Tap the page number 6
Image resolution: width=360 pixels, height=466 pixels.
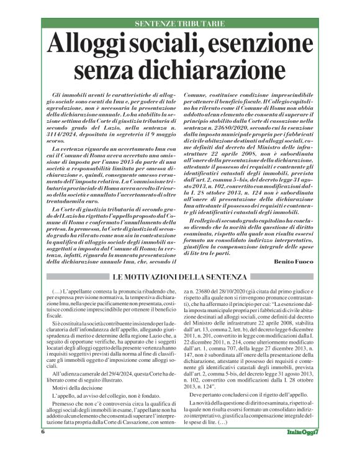44,449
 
